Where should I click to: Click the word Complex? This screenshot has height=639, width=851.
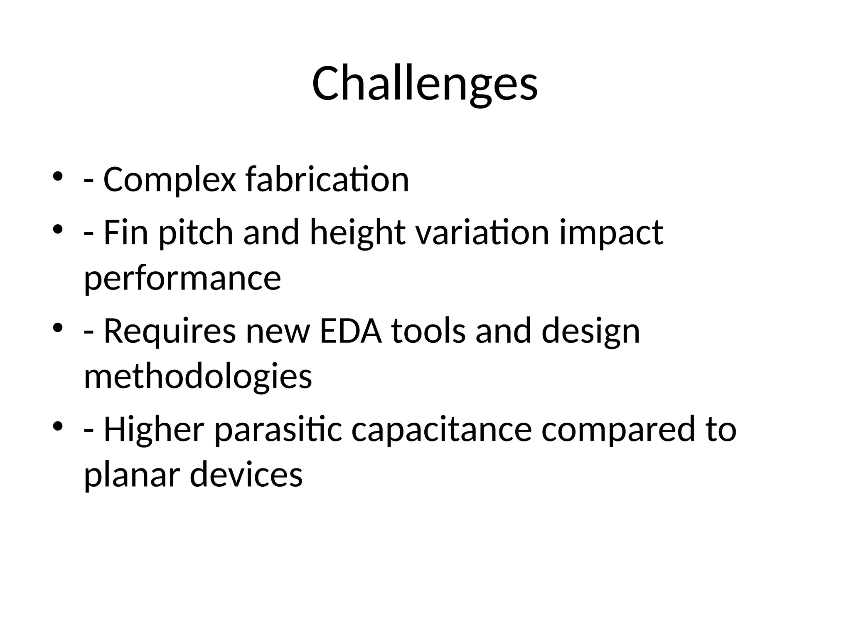click(x=169, y=180)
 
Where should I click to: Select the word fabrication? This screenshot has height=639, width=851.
click(x=327, y=180)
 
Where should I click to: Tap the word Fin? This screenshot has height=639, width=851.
click(x=125, y=233)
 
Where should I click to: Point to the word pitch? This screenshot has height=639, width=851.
click(x=196, y=233)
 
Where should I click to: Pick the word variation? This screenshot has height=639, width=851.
click(x=482, y=233)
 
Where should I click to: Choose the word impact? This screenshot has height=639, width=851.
click(x=611, y=233)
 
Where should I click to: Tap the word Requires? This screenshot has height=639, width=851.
click(x=170, y=331)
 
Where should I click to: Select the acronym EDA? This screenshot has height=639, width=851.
click(x=351, y=331)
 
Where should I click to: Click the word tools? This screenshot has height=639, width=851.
click(x=428, y=331)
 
